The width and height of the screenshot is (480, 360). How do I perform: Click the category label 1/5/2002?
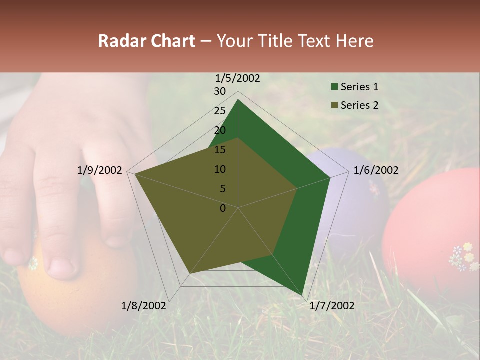coord(238,78)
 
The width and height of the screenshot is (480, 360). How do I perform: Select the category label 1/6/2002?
coord(376,170)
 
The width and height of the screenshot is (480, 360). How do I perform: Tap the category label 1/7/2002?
coord(332,306)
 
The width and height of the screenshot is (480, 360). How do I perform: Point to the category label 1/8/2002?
coord(144,306)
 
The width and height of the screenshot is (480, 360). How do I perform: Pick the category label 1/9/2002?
coord(100,170)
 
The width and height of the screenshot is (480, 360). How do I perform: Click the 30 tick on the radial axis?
coord(220,91)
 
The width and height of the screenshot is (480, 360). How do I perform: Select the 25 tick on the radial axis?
coord(220,111)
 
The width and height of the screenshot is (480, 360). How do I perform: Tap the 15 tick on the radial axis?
coord(220,150)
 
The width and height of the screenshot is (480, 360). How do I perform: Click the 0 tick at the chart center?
coord(223,208)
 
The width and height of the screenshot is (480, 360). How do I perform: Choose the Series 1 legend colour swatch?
coord(334,87)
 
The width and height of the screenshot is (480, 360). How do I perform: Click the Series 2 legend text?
coord(359,105)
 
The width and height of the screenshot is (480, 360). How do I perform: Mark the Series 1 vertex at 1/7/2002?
coord(302,295)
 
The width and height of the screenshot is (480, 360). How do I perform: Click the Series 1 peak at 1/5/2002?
coord(238,99)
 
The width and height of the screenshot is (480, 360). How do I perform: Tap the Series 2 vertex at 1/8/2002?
coord(189,274)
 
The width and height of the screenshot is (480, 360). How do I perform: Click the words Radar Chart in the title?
coord(146,41)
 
